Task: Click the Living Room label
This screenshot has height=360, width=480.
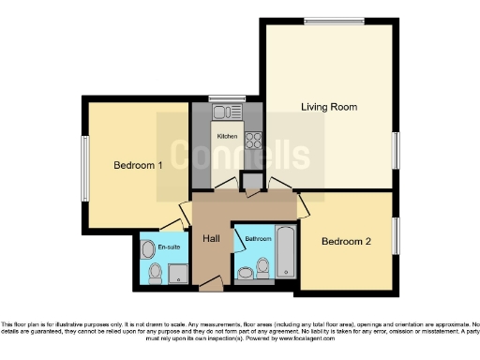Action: tap(329, 107)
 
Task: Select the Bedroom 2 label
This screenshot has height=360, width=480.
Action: tap(346, 242)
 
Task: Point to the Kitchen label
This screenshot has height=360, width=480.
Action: tap(227, 137)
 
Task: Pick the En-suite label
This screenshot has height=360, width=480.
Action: tap(169, 247)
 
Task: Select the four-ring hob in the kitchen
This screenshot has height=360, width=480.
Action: tap(252, 141)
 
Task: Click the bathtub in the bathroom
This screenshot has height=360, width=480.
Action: tap(286, 253)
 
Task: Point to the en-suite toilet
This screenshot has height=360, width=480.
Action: tap(156, 273)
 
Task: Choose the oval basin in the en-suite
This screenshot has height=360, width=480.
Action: tap(147, 250)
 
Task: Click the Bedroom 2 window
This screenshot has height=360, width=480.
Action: tap(395, 235)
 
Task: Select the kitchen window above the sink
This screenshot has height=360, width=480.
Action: tap(225, 98)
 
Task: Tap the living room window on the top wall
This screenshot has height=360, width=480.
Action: tap(333, 22)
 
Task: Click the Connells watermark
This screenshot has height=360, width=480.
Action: tap(240, 155)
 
